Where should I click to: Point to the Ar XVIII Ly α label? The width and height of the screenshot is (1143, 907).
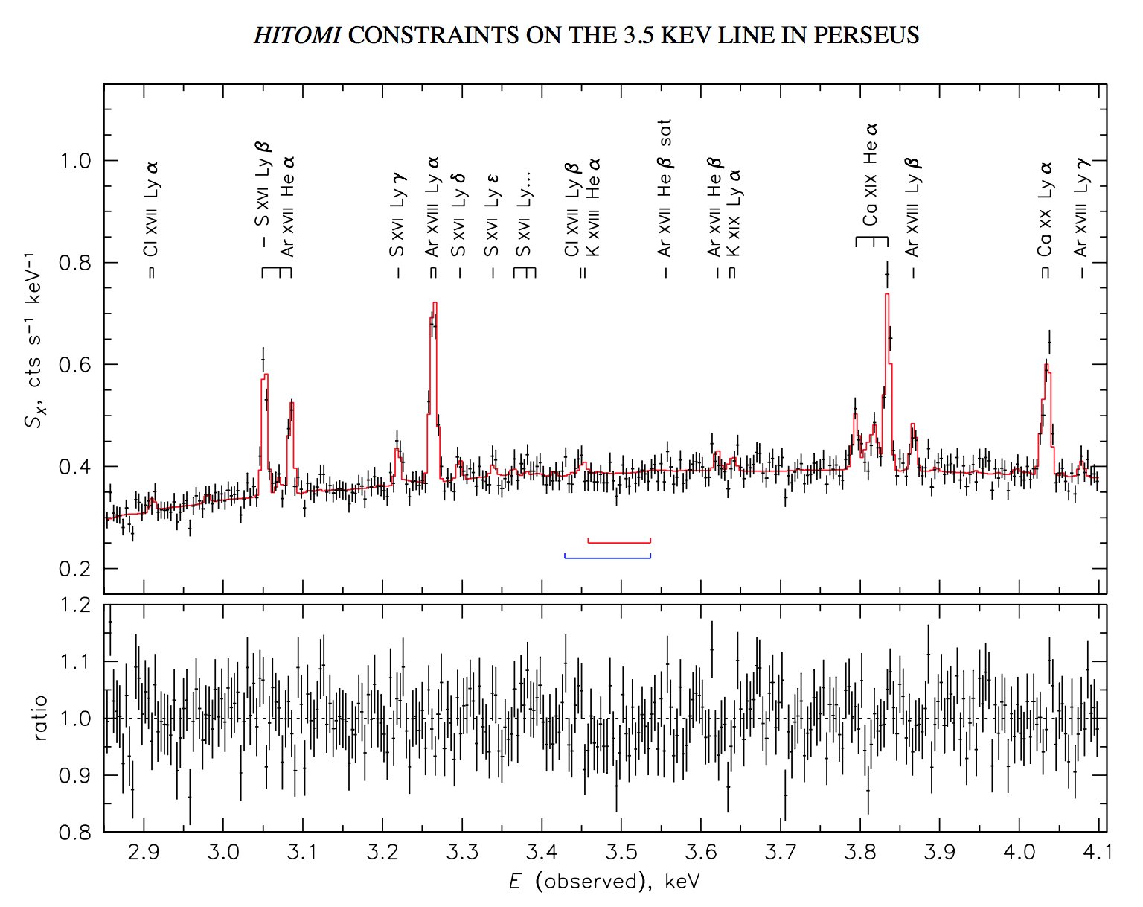click(433, 206)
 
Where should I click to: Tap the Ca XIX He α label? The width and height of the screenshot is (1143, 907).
click(870, 174)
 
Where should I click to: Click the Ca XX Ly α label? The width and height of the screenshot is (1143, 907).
click(1046, 208)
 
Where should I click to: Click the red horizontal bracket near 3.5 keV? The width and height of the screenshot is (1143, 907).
click(619, 541)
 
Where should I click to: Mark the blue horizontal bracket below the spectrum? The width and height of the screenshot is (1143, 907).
click(607, 556)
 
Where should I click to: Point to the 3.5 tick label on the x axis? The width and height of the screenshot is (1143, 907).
click(621, 851)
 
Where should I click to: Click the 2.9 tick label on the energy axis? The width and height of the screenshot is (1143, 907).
click(143, 851)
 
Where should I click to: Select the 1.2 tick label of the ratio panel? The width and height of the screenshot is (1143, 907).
click(77, 605)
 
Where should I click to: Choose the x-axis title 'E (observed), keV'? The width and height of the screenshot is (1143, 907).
click(604, 882)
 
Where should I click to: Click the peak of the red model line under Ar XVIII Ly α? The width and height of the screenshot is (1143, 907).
click(434, 303)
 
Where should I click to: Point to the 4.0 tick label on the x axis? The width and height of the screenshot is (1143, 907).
click(1019, 851)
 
